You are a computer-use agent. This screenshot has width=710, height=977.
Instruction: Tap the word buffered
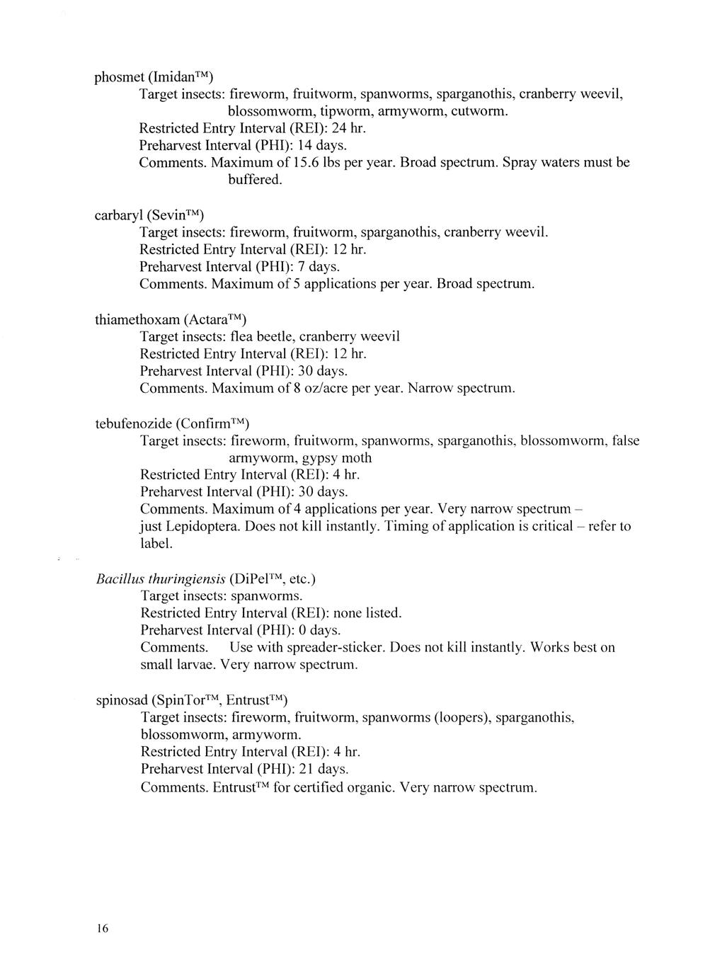(x=255, y=180)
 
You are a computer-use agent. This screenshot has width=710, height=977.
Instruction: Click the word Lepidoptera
(x=211, y=527)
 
